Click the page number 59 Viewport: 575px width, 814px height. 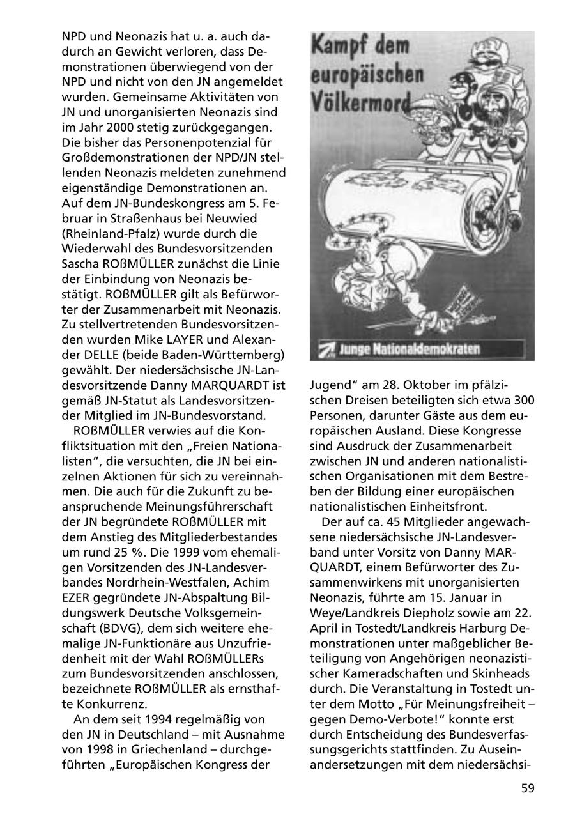point(527,788)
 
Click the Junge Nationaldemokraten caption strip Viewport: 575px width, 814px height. point(422,349)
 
